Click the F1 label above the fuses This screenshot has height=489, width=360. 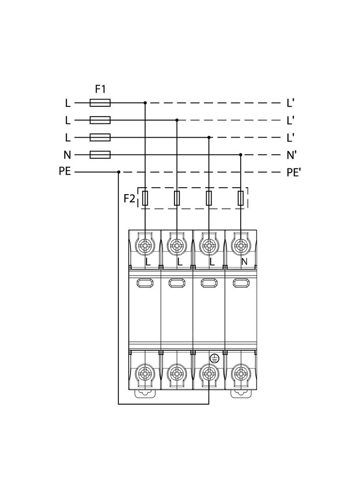pos(100,89)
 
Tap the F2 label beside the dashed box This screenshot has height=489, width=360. pos(129,199)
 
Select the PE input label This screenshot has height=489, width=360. pos(65,172)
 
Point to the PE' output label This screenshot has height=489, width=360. pos(293,172)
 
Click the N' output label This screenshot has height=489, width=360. pos(292,155)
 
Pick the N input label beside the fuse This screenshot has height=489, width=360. pos(67,155)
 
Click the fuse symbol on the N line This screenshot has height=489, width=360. pos(100,155)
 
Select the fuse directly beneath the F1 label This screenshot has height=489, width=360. pos(100,103)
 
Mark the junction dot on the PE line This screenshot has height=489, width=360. pos(118,172)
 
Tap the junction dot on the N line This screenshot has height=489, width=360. pos(241,155)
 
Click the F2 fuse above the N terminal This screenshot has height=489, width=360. pos(241,199)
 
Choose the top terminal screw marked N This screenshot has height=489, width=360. pos(241,245)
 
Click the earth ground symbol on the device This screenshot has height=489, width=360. pos(214,359)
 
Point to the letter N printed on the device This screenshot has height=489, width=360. pos(244,262)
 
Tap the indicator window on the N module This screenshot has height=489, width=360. pos(241,283)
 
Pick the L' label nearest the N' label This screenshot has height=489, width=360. pos(290,138)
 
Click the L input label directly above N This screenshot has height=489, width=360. pos(67,138)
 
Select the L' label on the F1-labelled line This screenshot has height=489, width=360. pos(290,103)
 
